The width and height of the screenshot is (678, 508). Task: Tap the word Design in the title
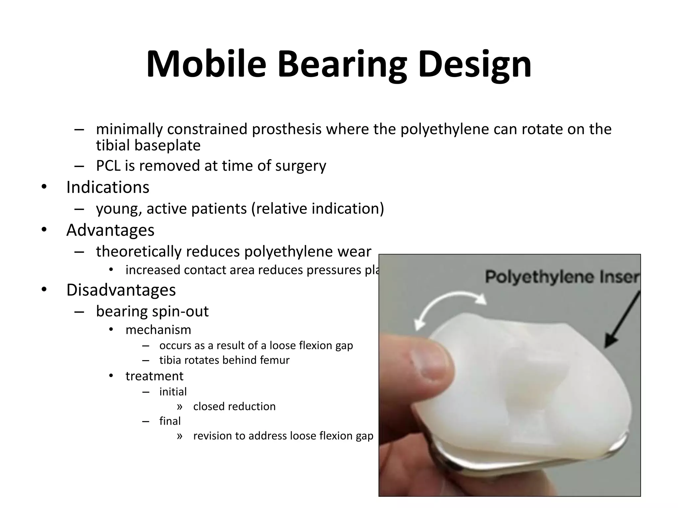474,64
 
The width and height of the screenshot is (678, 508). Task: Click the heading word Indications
108,187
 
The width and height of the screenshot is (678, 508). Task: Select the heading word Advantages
110,230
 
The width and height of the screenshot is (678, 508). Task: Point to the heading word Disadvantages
121,290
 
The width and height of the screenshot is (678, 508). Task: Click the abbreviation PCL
108,166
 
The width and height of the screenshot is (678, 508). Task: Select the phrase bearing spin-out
152,311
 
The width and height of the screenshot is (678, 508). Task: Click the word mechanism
158,330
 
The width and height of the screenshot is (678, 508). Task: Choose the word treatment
154,376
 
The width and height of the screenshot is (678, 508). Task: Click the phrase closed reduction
234,406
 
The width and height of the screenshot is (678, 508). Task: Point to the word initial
173,392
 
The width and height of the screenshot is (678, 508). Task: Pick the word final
170,421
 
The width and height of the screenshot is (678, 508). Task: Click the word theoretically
139,252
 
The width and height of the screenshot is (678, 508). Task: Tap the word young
119,209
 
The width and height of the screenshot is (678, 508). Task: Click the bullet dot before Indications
44,187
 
